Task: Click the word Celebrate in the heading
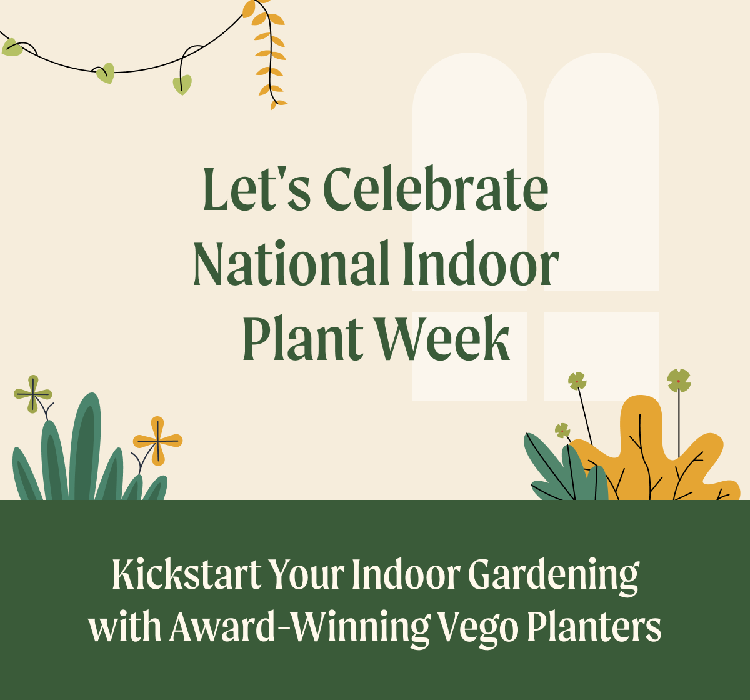coord(436,188)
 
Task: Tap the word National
coord(291,262)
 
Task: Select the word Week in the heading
coord(443,337)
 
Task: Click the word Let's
coord(257,188)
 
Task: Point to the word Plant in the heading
coord(302,337)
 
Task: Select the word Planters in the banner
coord(594,626)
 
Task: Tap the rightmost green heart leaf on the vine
coord(182,84)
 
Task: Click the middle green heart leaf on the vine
coord(106,73)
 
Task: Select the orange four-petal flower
coord(158,441)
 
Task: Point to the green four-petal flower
coord(33,394)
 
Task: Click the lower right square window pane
coord(601,357)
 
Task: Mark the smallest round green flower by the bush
coord(562,431)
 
